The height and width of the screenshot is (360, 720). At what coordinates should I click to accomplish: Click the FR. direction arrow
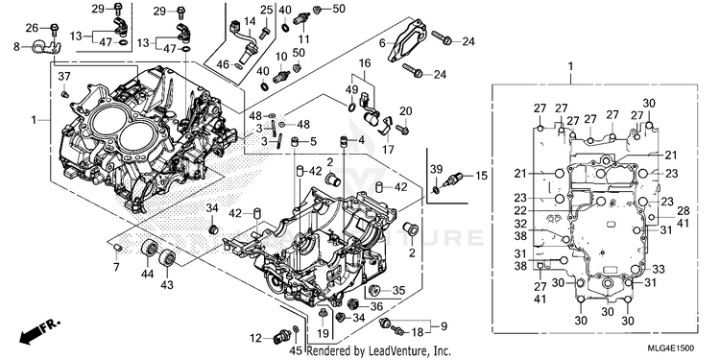click(x=39, y=331)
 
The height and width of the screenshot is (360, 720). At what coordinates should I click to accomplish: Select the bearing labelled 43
click(x=168, y=257)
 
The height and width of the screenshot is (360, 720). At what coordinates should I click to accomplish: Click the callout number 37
click(x=64, y=76)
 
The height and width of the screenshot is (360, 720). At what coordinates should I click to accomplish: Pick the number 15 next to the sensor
click(x=480, y=176)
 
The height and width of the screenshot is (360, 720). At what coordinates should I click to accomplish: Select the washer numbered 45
click(x=297, y=329)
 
